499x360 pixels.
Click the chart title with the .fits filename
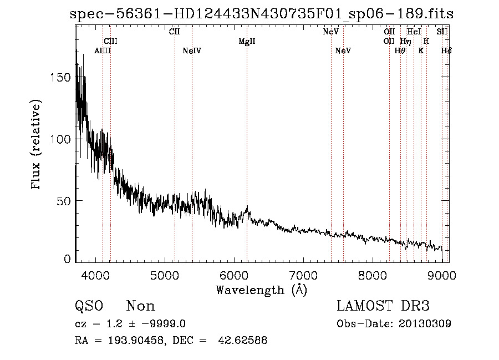tap(262, 14)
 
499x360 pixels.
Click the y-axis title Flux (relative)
tap(37, 145)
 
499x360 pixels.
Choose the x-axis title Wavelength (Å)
tap(261, 290)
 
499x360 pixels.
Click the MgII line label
tap(247, 42)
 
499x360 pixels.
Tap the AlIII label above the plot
tap(103, 51)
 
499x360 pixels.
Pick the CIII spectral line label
tap(110, 42)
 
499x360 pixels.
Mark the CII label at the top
tap(174, 32)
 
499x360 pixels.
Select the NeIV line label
tap(192, 51)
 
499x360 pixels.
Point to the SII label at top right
tap(442, 32)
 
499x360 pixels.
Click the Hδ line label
tap(446, 51)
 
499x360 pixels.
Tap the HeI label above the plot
tap(414, 32)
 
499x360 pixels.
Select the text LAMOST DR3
tap(383, 306)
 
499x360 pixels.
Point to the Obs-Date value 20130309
tap(425, 324)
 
